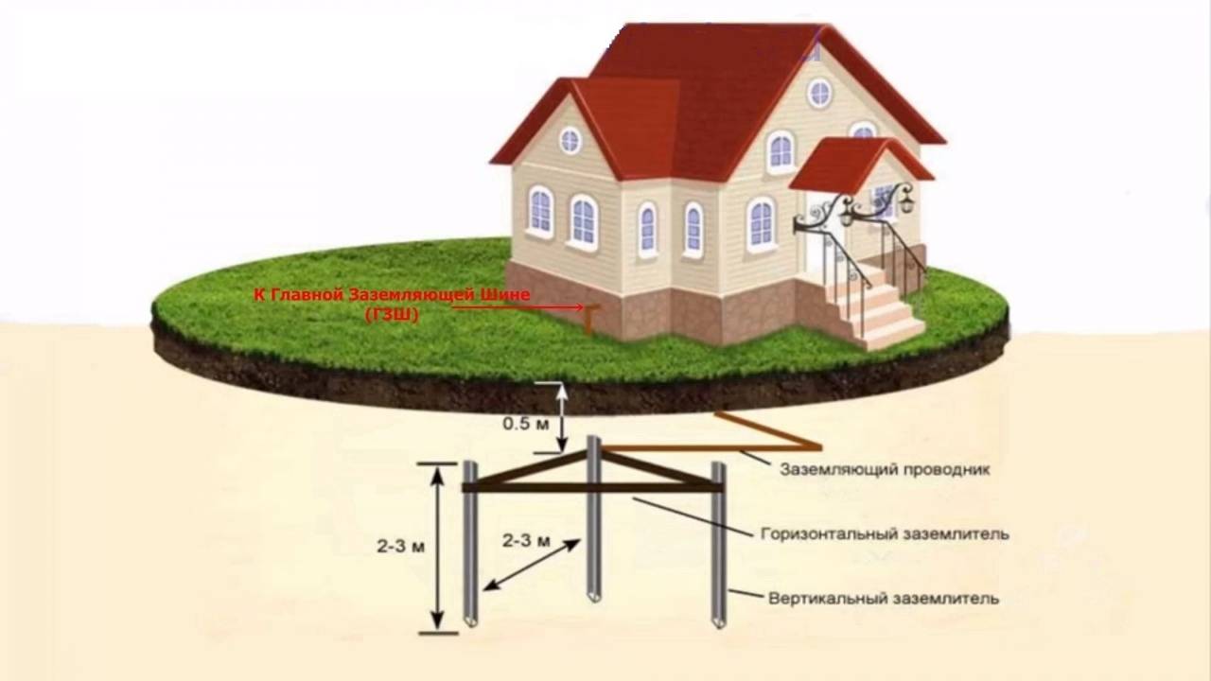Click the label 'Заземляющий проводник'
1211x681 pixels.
885,470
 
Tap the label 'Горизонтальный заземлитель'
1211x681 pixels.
885,533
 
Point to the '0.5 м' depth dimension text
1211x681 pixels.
525,424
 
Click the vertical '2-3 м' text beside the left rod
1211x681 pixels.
398,546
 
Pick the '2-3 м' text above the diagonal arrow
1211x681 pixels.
527,541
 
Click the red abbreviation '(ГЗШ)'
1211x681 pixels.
392,314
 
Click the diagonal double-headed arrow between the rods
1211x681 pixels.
532,565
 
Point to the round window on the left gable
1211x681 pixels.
570,140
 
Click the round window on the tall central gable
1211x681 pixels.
819,93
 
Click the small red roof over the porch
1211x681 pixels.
856,163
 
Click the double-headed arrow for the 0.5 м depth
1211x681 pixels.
562,417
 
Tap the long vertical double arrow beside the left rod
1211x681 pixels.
437,547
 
